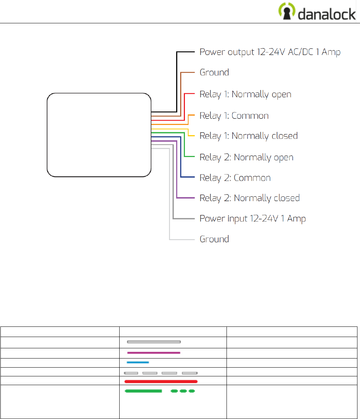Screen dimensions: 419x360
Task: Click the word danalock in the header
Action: coord(327,13)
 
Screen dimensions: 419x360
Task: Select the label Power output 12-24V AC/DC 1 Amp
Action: coord(270,52)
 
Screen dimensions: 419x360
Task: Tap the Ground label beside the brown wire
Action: coord(214,73)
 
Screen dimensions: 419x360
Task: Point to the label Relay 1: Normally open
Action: coord(245,94)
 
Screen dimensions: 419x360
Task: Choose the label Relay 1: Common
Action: coord(234,116)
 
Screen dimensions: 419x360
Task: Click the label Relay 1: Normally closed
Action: coord(248,136)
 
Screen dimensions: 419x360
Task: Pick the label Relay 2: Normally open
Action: coord(246,157)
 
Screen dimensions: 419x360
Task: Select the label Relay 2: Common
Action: coord(235,178)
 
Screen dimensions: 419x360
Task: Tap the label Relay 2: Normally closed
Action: coord(249,198)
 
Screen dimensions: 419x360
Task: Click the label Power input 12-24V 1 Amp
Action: coord(252,219)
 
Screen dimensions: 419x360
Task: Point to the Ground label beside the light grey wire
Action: coord(214,239)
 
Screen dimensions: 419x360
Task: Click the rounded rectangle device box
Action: coord(99,135)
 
